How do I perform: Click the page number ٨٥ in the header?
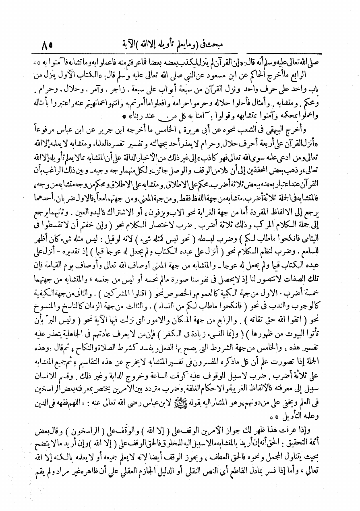pyautogui.click(x=48, y=42)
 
